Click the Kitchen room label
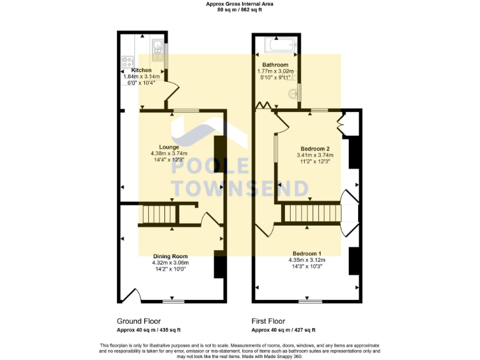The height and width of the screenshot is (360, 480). coord(141,70)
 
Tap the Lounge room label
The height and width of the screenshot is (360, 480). coord(169,147)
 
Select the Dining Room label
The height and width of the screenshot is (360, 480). coord(170,256)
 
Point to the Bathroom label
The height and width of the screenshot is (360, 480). coord(275,65)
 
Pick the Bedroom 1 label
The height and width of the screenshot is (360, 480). coord(305,253)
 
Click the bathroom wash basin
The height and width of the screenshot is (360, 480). coord(292,94)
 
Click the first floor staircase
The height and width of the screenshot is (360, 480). coord(312,214)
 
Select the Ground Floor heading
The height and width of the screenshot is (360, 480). coord(139,321)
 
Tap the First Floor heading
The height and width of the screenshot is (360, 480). coord(268,321)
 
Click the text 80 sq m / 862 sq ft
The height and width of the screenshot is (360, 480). coord(240,10)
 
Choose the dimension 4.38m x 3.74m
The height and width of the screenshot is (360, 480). coord(169,153)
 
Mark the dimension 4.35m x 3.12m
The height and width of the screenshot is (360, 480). coord(305,260)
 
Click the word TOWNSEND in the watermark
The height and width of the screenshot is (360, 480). coord(240,187)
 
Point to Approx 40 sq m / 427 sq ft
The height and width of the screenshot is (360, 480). coord(283,330)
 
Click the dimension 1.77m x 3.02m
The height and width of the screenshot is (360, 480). coord(275,71)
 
